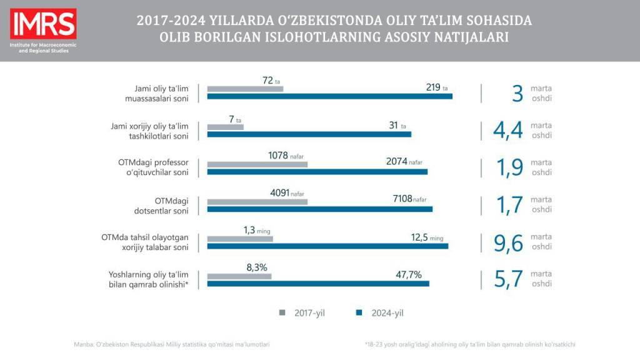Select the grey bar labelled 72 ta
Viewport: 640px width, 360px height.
coord(245,89)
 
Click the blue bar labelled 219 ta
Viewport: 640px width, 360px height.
coord(329,96)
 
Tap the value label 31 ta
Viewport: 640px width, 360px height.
coord(397,126)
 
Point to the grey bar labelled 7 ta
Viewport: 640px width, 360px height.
coord(225,127)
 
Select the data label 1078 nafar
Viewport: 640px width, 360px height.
coord(288,156)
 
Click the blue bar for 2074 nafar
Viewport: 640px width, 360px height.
coord(317,171)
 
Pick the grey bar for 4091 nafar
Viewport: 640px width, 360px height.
coord(257,202)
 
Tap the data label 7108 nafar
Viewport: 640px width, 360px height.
coord(409,199)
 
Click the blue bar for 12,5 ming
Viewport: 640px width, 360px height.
coord(327,246)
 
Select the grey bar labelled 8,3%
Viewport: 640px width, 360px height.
coord(239,276)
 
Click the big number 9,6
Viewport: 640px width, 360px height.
coord(508,243)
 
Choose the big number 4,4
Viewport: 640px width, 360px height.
coord(507,131)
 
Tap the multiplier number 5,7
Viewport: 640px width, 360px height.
coord(508,280)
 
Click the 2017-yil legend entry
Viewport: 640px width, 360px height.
coord(302,313)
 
